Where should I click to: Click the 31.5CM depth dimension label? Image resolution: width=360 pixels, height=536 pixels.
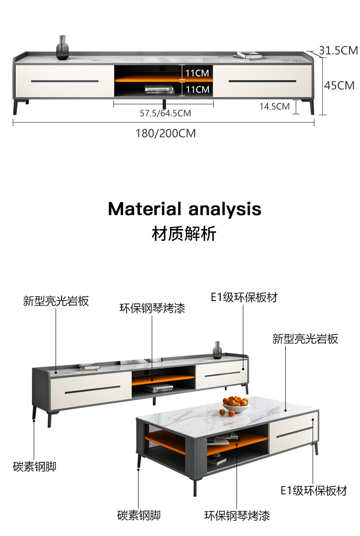tap(338, 51)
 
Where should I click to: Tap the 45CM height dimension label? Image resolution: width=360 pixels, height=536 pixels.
tap(339, 85)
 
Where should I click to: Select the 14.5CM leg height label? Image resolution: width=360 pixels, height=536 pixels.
tap(274, 107)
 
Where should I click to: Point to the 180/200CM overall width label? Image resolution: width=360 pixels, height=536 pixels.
tap(165, 133)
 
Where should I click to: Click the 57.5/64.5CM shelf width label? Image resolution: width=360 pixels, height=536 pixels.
tap(165, 113)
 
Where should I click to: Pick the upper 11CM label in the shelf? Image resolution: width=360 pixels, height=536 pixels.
tap(197, 73)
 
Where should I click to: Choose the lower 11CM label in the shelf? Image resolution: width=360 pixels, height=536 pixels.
tap(197, 89)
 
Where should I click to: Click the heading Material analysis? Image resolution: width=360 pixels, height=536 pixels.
tap(185, 209)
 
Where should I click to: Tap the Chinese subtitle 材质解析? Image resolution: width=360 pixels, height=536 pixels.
tap(184, 234)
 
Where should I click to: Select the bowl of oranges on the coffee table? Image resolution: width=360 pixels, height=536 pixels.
tap(235, 404)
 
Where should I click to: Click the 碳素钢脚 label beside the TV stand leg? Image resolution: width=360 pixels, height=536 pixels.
tap(35, 466)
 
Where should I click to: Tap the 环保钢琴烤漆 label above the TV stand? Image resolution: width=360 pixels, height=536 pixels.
tap(152, 308)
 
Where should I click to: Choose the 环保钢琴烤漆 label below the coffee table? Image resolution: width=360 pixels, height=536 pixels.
tap(237, 516)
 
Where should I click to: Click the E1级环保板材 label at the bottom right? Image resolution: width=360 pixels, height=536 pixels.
tap(314, 490)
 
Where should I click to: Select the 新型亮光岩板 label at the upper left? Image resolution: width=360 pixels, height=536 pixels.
tap(56, 301)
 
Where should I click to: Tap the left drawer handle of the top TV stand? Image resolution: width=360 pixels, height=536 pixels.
tap(65, 82)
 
